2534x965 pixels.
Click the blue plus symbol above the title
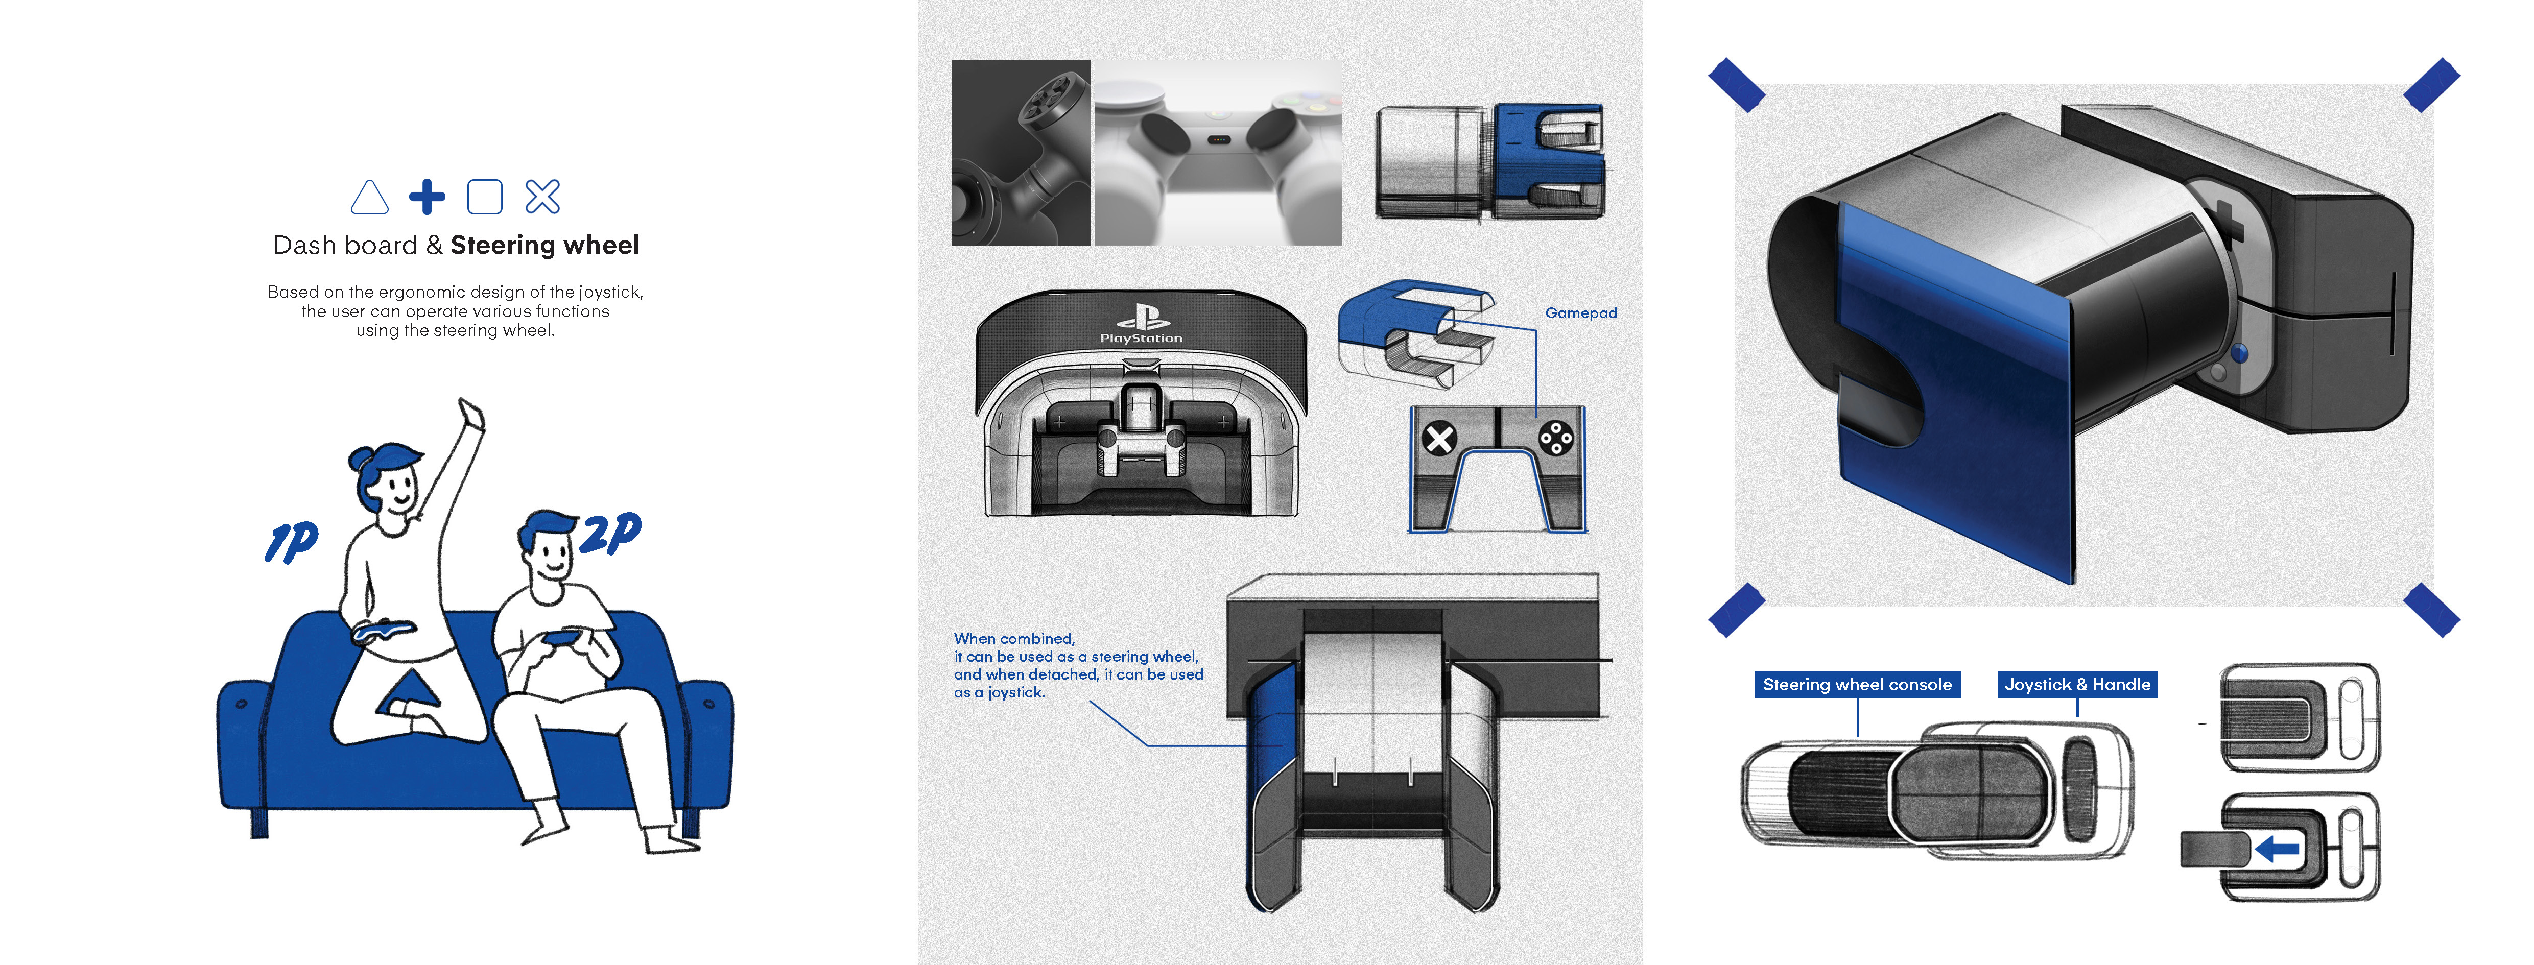pyautogui.click(x=427, y=197)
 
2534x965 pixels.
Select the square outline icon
pyautogui.click(x=484, y=197)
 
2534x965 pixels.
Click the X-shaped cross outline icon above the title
pyautogui.click(x=542, y=197)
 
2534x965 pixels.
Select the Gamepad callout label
pyautogui.click(x=1580, y=313)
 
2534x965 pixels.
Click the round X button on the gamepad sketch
pyautogui.click(x=1440, y=438)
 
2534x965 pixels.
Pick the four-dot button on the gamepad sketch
pyautogui.click(x=1555, y=438)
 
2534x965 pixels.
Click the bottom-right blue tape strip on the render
pyautogui.click(x=2431, y=609)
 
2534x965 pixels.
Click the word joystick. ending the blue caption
pyautogui.click(x=1016, y=692)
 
